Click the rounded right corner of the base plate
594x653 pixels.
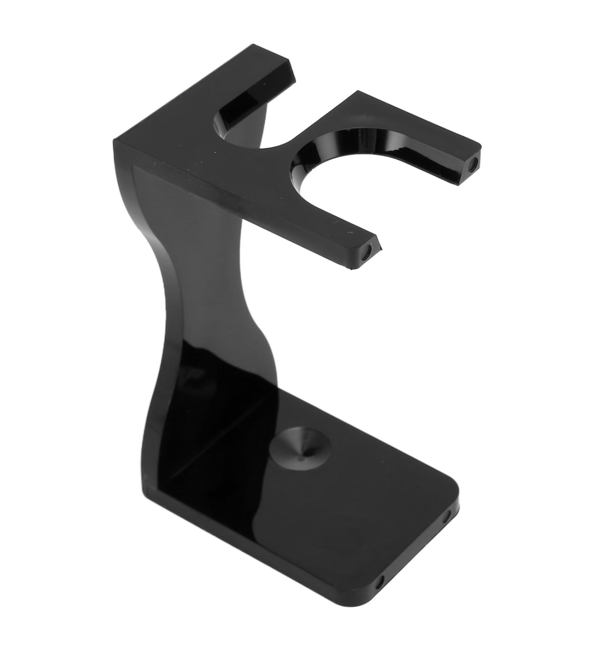[455, 491]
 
